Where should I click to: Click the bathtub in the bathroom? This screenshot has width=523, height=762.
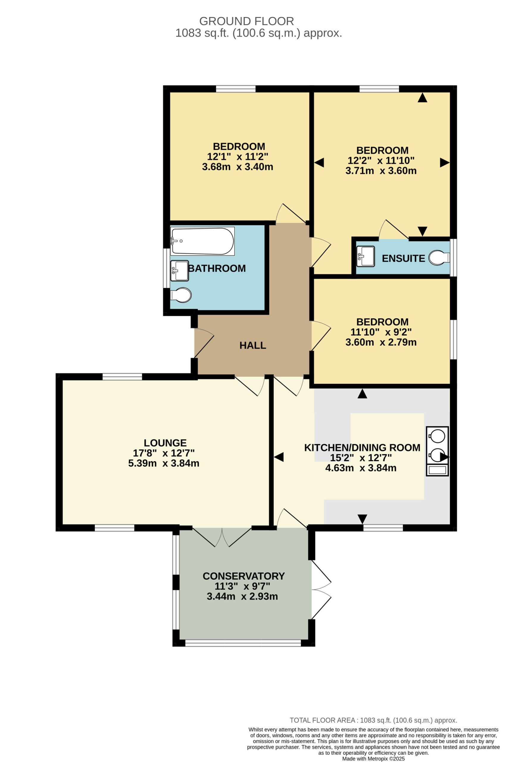click(202, 241)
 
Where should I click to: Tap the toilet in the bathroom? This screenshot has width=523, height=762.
click(181, 295)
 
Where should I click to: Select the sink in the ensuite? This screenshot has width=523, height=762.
click(365, 256)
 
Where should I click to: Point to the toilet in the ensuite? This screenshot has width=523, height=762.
click(439, 258)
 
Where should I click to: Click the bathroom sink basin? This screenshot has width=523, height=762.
click(179, 271)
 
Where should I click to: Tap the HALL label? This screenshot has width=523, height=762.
click(252, 345)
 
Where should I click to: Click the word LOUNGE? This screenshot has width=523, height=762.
click(165, 443)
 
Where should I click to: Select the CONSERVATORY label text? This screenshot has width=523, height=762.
click(243, 576)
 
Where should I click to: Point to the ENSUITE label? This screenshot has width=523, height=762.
click(403, 258)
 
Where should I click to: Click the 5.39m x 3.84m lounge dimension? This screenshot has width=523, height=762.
click(164, 463)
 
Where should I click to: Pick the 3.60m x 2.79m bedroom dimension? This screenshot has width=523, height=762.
click(381, 342)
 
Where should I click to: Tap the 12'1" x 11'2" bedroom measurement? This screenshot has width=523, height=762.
click(238, 156)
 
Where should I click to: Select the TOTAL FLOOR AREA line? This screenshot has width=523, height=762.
click(374, 720)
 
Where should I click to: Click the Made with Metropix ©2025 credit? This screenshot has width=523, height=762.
click(374, 759)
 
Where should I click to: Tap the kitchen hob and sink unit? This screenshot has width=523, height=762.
click(437, 451)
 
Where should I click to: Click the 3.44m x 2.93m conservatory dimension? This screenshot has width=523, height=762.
click(242, 597)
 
